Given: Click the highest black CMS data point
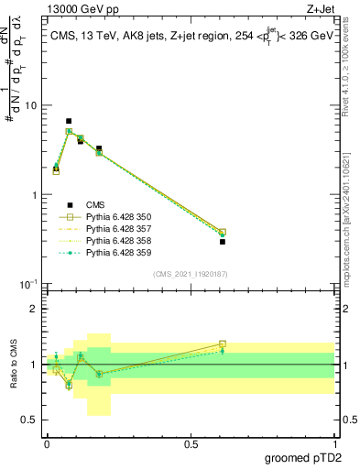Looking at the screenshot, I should pyautogui.click(x=69, y=121).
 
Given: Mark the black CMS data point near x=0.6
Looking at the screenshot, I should pyautogui.click(x=223, y=242).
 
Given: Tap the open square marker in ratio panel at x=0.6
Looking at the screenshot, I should pyautogui.click(x=223, y=344).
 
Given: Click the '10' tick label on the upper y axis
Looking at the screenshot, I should pyautogui.click(x=31, y=105).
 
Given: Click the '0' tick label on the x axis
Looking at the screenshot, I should pyautogui.click(x=46, y=443).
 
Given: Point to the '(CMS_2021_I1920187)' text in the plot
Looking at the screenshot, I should pyautogui.click(x=189, y=274).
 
